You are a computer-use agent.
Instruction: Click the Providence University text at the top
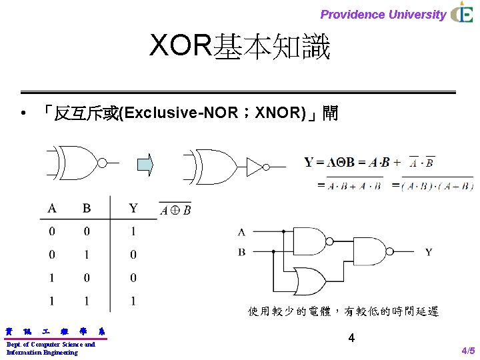coord(383,14)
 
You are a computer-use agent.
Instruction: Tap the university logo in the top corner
coord(462,13)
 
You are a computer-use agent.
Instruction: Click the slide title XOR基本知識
coord(240,47)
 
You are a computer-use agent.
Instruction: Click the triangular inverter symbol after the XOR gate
coord(255,167)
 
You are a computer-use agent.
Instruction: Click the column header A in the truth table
coord(52,209)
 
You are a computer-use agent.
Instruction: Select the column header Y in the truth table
coord(133,209)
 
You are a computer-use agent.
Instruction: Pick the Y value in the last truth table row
coord(133,301)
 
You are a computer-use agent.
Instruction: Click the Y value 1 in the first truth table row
coord(133,231)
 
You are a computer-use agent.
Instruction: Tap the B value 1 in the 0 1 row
coord(87,254)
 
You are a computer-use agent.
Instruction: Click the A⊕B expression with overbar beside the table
coord(175,210)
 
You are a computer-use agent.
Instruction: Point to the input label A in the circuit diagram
coord(241,232)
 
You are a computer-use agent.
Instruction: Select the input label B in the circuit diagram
coord(241,252)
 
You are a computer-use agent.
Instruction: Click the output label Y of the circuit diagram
coord(428,252)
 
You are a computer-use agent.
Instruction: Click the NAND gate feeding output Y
coord(373,252)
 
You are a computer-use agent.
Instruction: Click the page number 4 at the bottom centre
coord(351,338)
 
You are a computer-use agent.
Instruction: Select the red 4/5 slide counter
coord(468,351)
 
